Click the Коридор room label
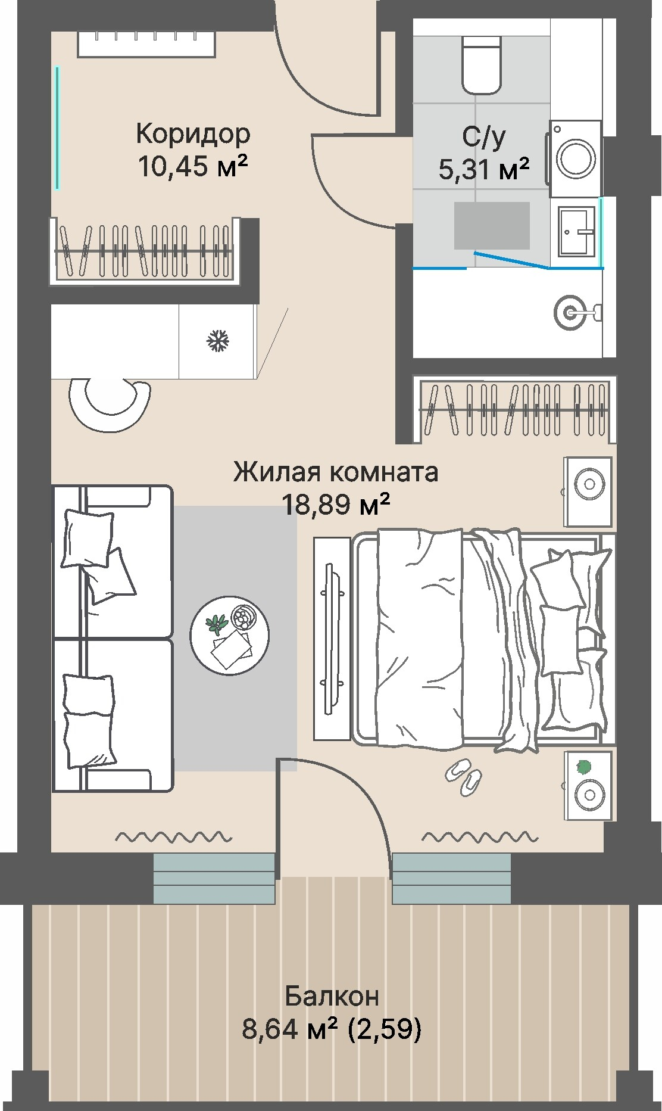pyautogui.click(x=193, y=133)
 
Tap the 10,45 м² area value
pyautogui.click(x=193, y=166)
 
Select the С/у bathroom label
pyautogui.click(x=484, y=136)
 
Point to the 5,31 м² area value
pyautogui.click(x=484, y=169)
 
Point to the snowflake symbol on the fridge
pyautogui.click(x=218, y=341)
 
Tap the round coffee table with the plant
pyautogui.click(x=229, y=635)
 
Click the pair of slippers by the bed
pyautogui.click(x=463, y=776)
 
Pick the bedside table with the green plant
pyautogui.click(x=588, y=784)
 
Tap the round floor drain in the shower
pyautogui.click(x=571, y=311)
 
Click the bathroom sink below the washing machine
pyautogui.click(x=576, y=229)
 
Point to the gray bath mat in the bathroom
pyautogui.click(x=492, y=225)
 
